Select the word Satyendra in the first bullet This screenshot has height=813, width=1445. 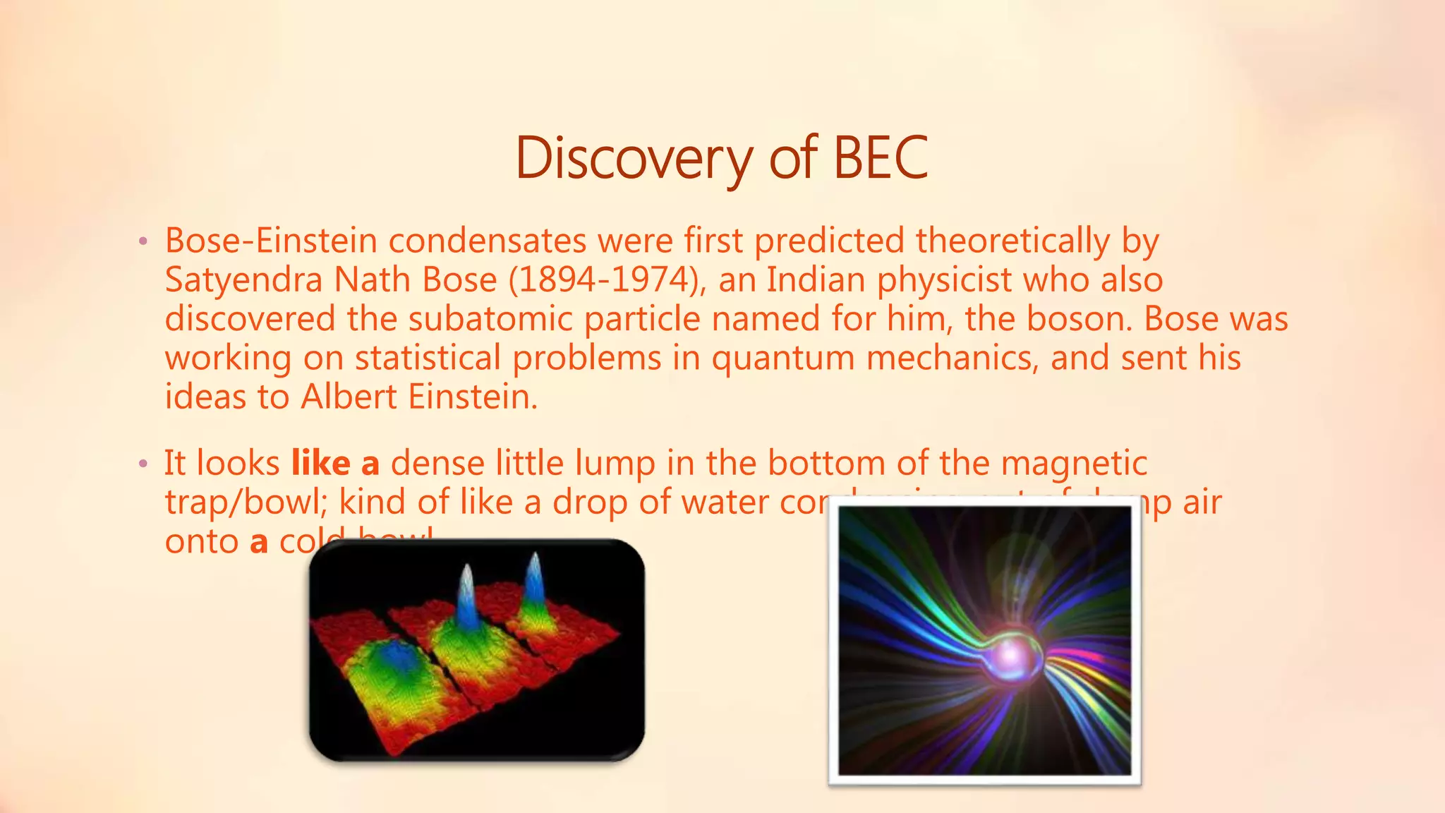pos(243,280)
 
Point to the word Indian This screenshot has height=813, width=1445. pos(816,280)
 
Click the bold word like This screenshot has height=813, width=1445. pos(320,464)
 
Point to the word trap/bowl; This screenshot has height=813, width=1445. pos(246,502)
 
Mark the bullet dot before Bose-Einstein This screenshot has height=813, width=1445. pos(143,243)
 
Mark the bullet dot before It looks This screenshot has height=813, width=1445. pos(143,464)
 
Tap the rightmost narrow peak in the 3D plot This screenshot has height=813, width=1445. pos(534,582)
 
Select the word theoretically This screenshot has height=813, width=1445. pos(1012,241)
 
